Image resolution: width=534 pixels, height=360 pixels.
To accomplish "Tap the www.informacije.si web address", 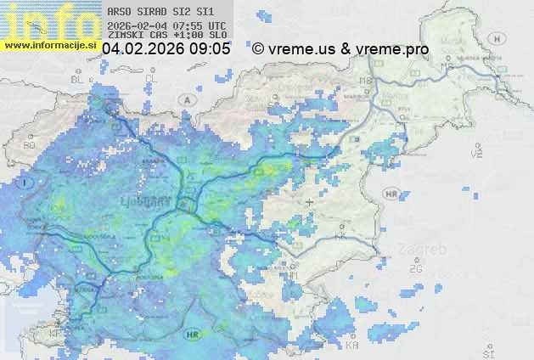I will [x=51, y=44].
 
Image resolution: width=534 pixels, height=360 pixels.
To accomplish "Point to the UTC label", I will [x=216, y=25].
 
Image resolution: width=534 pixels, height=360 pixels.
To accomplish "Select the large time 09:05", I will [x=211, y=50].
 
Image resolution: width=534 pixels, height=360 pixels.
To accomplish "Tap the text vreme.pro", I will [x=392, y=50].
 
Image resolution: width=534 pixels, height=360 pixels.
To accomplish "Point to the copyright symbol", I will [x=258, y=50].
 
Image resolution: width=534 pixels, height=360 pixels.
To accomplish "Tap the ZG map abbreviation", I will [x=415, y=269].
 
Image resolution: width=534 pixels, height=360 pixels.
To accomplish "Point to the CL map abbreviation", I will [x=152, y=78].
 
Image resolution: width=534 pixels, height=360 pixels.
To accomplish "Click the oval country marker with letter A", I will [x=186, y=99].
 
